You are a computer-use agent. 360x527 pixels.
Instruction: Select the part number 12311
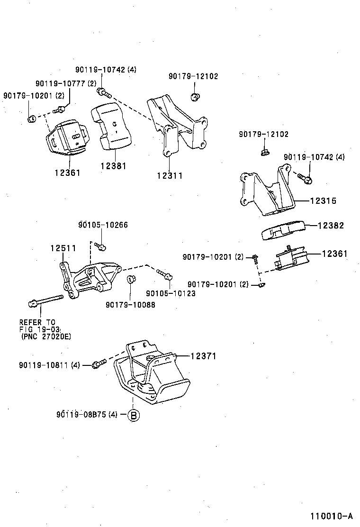170,175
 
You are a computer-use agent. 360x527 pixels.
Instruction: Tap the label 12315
323,200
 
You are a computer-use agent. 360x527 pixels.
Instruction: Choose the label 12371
203,356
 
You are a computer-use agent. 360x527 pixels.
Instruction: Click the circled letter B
134,415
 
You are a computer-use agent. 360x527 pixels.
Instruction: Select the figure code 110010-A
332,516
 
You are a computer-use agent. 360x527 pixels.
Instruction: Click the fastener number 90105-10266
103,225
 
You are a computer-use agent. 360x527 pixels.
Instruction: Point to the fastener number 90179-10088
130,305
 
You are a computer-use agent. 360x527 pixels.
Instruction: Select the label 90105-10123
171,293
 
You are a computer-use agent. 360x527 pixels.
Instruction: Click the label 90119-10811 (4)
50,365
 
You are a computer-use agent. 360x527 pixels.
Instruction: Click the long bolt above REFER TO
45,300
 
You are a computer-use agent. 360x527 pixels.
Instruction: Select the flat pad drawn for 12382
282,230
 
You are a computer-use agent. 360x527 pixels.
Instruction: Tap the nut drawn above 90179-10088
131,279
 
